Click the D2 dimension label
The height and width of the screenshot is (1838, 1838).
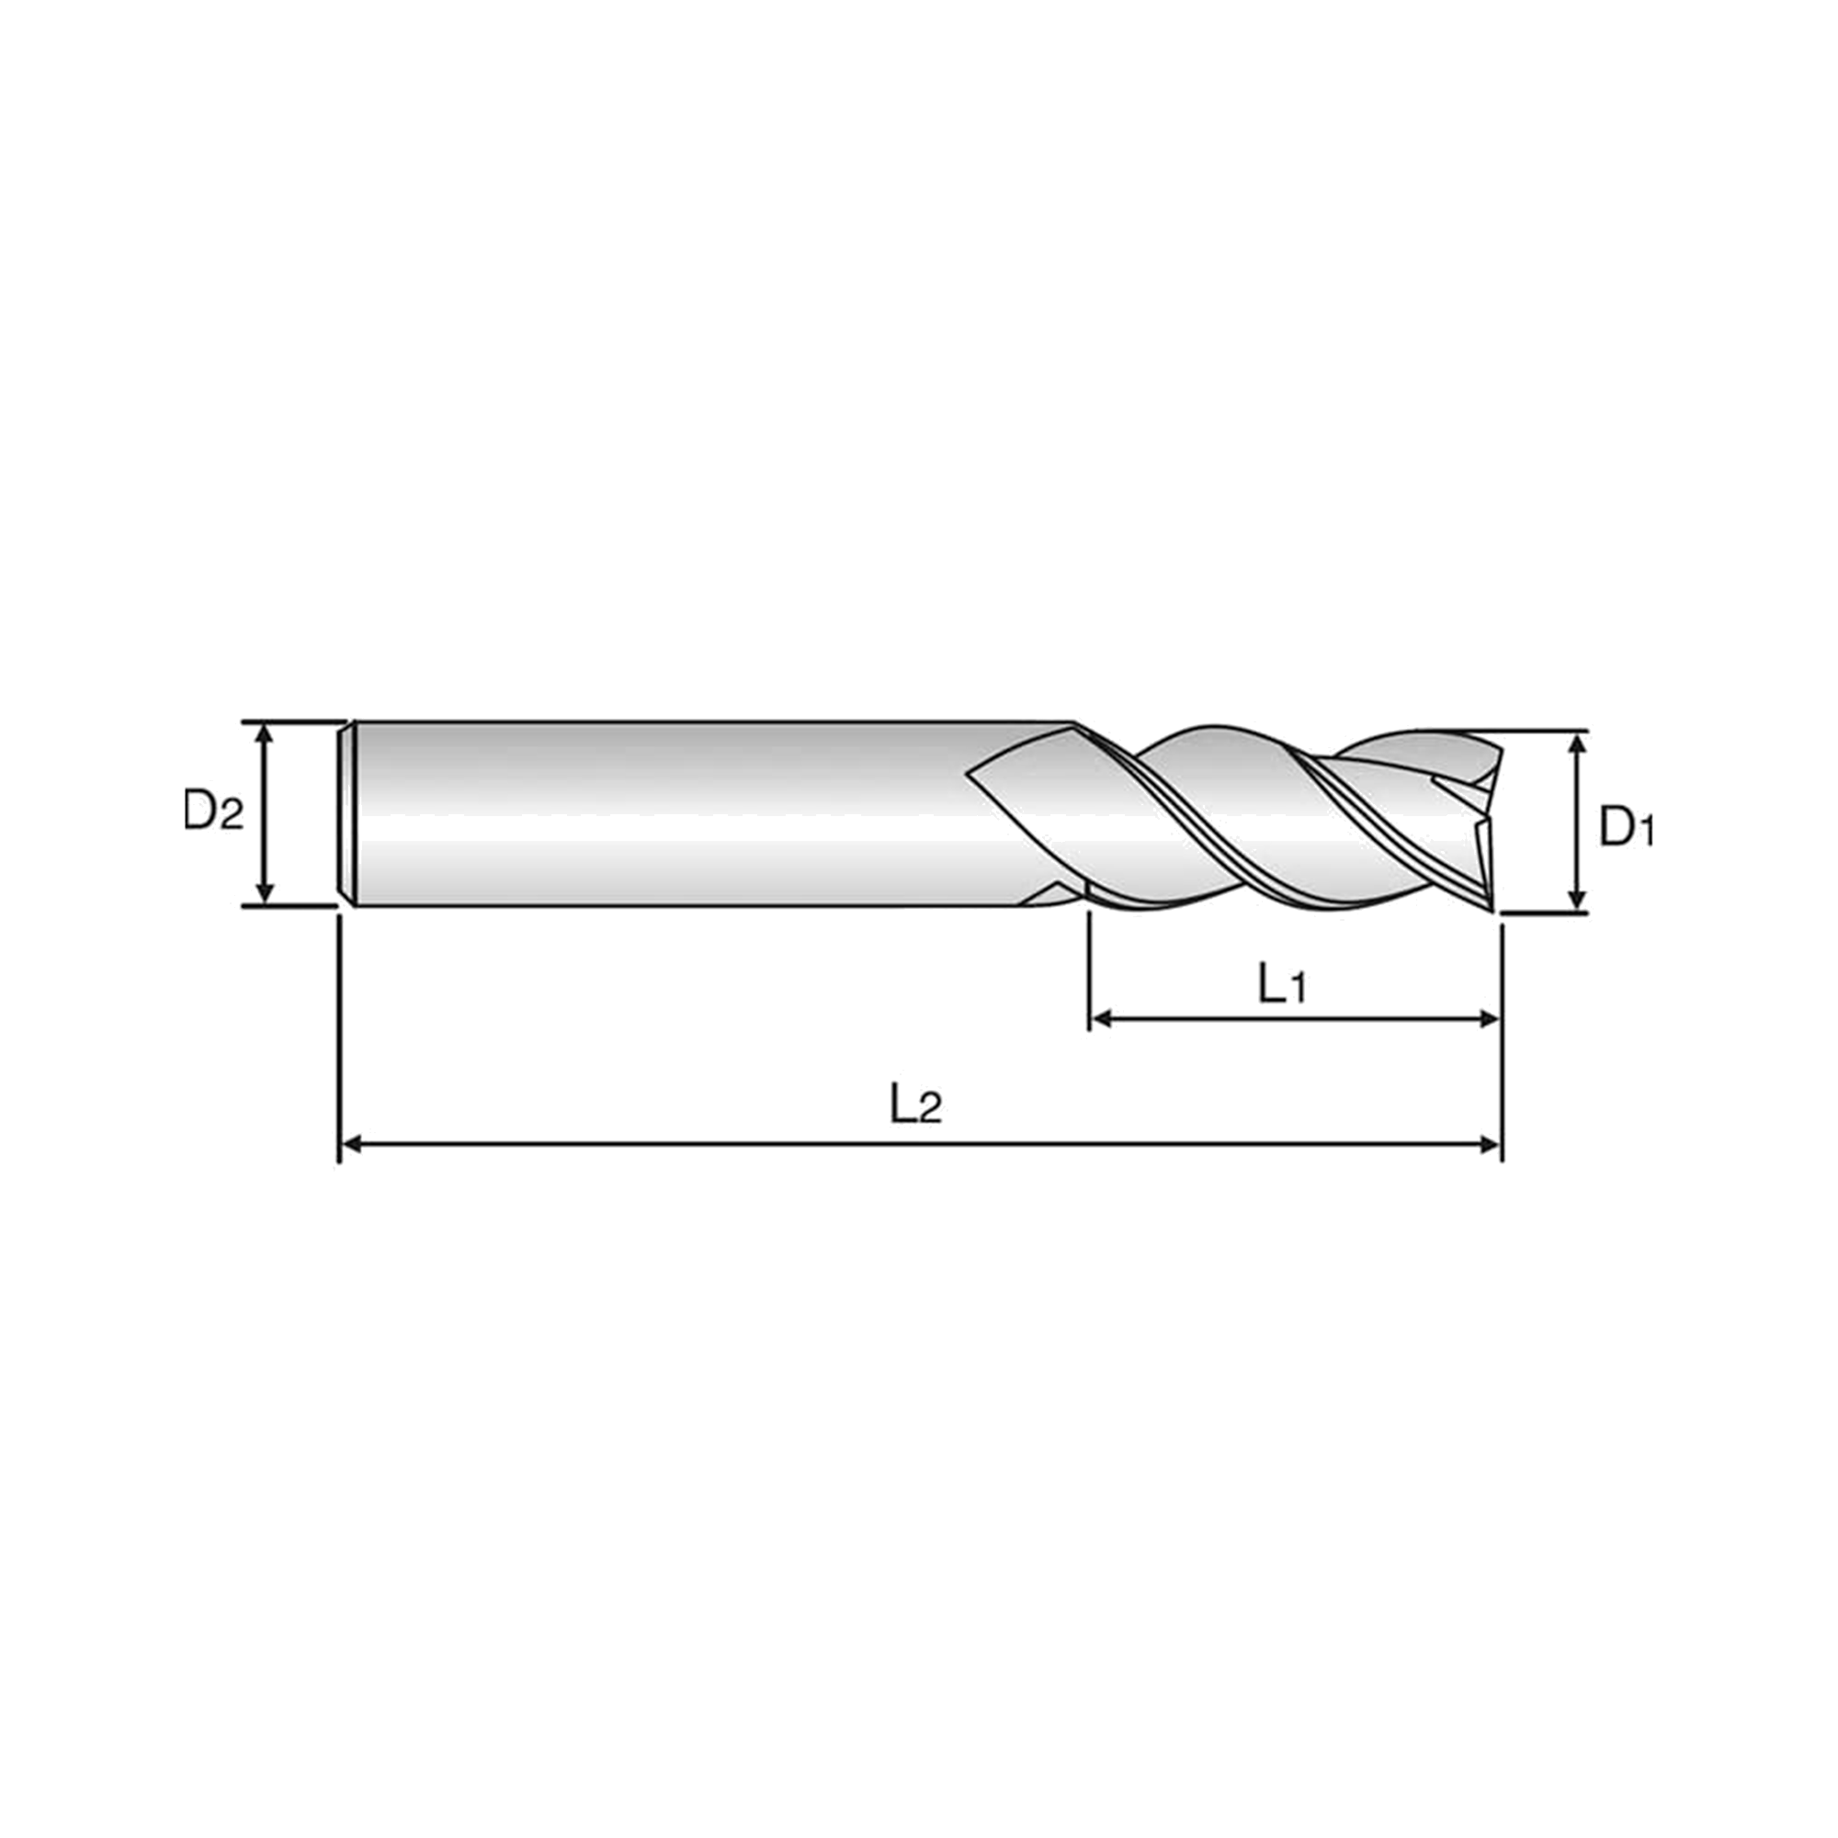click(213, 811)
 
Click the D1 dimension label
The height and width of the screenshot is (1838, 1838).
click(1628, 826)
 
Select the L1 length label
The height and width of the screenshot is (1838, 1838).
click(1282, 984)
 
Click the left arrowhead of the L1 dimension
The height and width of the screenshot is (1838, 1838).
click(1102, 1020)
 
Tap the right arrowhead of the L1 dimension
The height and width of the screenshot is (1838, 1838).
click(1489, 1020)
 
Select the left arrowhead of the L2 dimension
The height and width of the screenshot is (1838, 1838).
click(352, 1144)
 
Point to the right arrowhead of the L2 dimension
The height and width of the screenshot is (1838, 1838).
click(1489, 1144)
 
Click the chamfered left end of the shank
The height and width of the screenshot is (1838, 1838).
click(348, 813)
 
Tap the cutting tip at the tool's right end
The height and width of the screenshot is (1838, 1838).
click(1489, 909)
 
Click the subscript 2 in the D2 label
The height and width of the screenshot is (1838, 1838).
click(233, 816)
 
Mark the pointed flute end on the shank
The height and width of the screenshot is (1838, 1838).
click(967, 773)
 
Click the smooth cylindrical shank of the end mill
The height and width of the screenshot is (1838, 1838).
click(666, 813)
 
